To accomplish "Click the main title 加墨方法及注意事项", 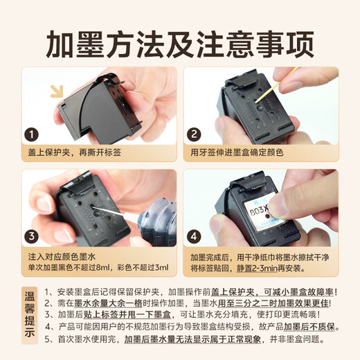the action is click(180, 44).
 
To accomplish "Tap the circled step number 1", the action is click(32, 134).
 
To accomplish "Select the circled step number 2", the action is click(194, 134).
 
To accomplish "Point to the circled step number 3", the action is click(32, 236).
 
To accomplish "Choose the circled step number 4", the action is click(194, 236).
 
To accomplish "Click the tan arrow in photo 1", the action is click(57, 91).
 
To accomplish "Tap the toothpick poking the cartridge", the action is click(275, 86).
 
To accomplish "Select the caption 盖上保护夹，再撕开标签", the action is click(75, 152).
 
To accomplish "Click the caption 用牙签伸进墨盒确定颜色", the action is click(237, 152).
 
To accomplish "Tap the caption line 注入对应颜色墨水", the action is click(62, 257).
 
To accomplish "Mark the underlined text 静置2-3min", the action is click(257, 268).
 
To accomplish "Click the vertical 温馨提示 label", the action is click(30, 315).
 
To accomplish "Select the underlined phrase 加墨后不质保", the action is click(309, 327).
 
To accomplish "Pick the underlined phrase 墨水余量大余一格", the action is click(108, 303).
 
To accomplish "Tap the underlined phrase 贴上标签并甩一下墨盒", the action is click(127, 314).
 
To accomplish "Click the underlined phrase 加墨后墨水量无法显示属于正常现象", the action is click(192, 339).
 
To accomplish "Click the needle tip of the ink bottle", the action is click(93, 207).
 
